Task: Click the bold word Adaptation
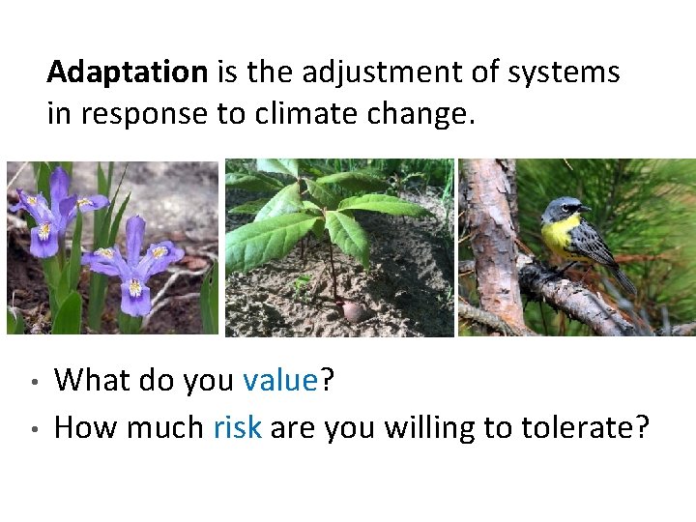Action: (x=127, y=72)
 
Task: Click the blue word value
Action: (x=280, y=381)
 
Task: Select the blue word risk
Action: (x=237, y=426)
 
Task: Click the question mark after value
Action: (x=327, y=381)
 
